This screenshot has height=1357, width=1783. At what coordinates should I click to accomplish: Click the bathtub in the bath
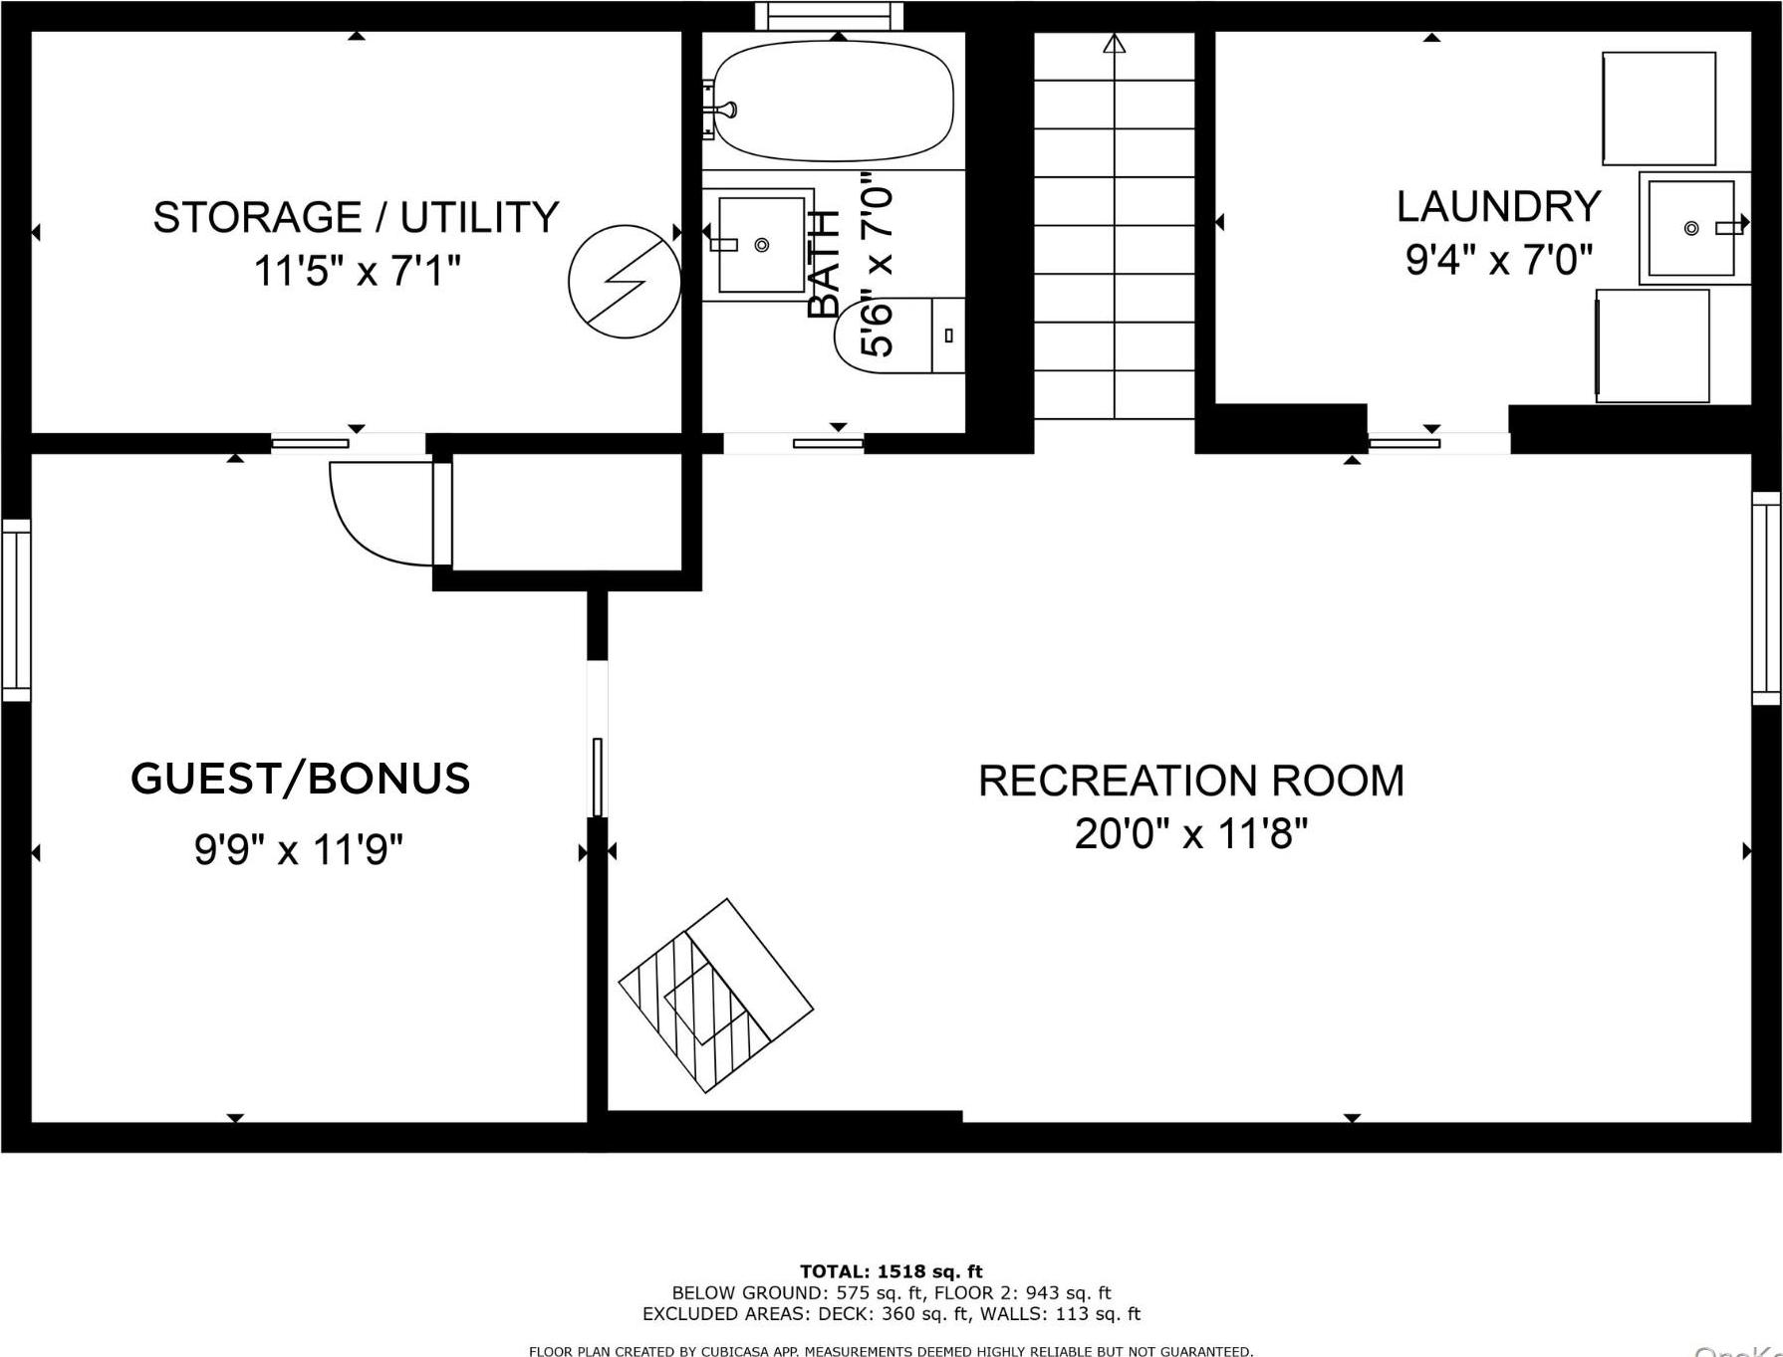coord(835,101)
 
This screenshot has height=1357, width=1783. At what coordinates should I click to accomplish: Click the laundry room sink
coord(1691,228)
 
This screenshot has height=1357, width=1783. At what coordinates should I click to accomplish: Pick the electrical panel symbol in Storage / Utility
coord(625,282)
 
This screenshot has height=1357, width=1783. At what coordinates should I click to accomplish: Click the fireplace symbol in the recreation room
coord(716,996)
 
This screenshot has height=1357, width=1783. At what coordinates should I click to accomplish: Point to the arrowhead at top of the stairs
coord(1115,44)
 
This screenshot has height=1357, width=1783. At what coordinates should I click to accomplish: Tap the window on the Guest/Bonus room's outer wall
coord(16,609)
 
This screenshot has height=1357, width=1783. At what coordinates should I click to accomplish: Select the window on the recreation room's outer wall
coord(1766,597)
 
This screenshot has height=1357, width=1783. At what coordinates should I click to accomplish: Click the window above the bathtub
coord(829,16)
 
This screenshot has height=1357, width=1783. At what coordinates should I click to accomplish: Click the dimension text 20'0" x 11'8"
coord(1190,833)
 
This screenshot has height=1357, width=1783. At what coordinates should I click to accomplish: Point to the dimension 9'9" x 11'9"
coord(298,850)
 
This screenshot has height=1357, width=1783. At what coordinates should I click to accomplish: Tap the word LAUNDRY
coord(1498,207)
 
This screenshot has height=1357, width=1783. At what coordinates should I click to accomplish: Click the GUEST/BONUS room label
coord(300,779)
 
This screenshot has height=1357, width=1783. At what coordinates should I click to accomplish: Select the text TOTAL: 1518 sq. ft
coord(891,1271)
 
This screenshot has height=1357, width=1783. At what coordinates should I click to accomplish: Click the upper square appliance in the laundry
coord(1658,109)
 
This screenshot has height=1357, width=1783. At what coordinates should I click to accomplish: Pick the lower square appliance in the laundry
coord(1653,345)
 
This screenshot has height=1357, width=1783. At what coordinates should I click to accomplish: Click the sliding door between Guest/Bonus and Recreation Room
coord(598,777)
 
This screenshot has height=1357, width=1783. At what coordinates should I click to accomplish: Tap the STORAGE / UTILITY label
coord(356,217)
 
